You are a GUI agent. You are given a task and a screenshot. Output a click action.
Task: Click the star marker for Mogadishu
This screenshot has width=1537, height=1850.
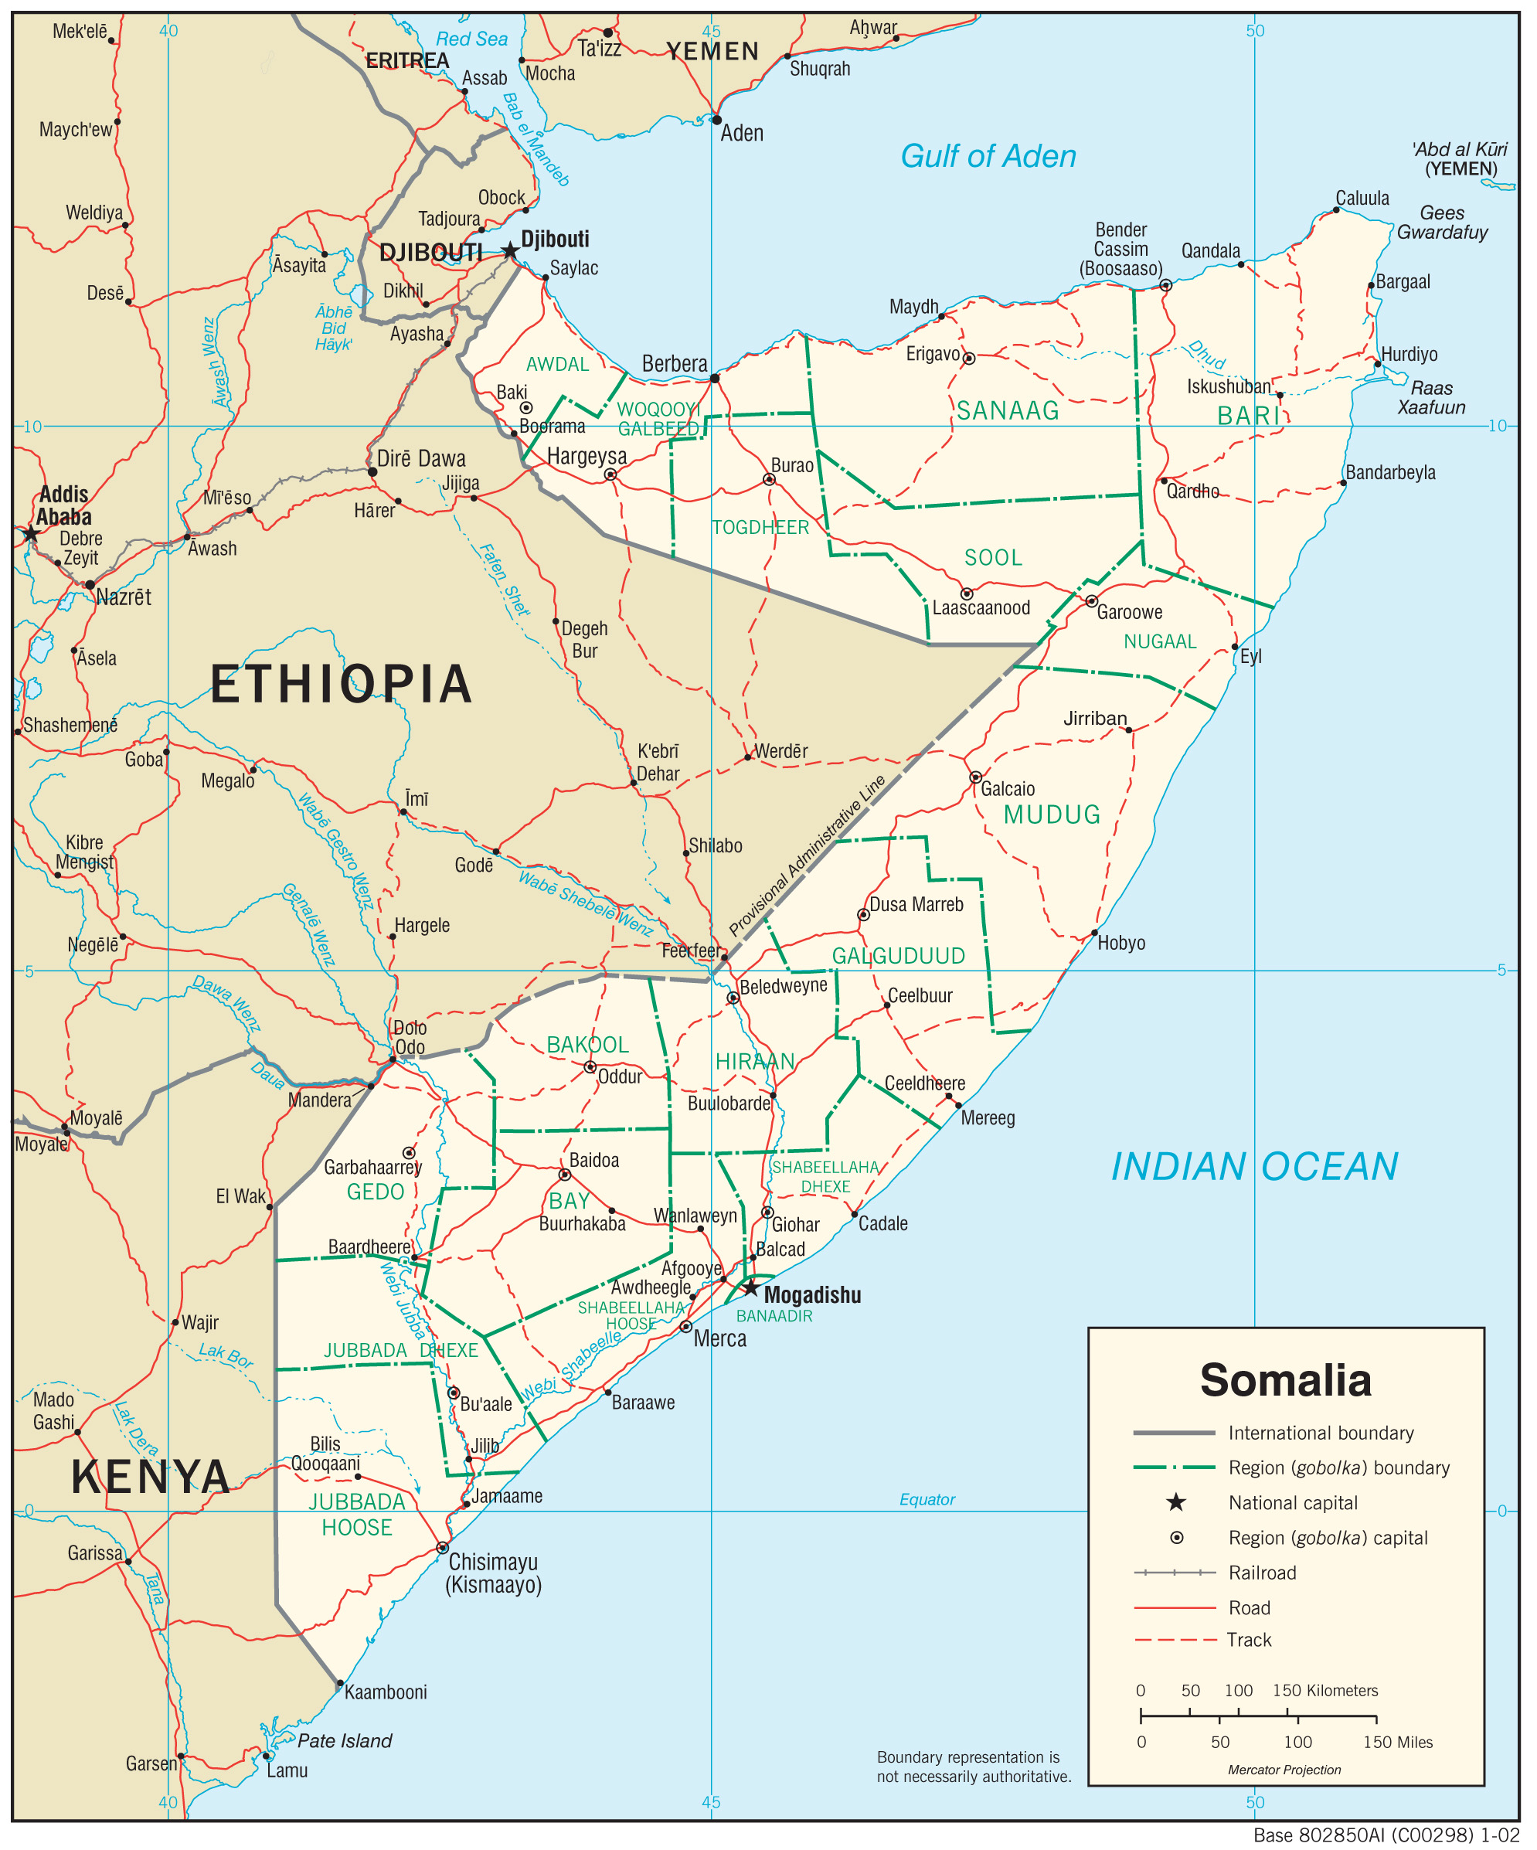click(x=750, y=1288)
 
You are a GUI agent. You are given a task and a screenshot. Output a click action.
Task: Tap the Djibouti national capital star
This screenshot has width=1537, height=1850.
click(x=510, y=251)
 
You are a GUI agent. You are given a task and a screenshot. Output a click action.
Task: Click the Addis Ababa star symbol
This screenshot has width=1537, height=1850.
click(x=31, y=534)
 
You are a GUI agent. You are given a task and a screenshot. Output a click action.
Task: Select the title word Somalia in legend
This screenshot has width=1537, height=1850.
click(x=1285, y=1380)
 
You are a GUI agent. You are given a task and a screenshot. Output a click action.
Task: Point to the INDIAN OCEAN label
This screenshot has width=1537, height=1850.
click(x=1254, y=1166)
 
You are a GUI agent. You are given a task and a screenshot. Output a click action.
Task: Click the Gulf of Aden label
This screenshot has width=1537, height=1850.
click(x=988, y=156)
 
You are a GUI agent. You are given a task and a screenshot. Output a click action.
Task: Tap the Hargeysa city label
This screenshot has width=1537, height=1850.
click(x=587, y=455)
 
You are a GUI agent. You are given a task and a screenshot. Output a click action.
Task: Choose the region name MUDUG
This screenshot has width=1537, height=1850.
click(x=1052, y=814)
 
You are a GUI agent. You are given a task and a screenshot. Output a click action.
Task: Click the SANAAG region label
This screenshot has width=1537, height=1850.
click(x=1008, y=410)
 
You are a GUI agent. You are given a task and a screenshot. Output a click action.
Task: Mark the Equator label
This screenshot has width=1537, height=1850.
click(x=927, y=1499)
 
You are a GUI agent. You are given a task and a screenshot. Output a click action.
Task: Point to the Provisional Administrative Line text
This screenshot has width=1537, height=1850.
click(x=807, y=855)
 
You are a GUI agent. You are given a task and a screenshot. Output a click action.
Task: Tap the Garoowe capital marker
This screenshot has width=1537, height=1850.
click(x=1091, y=600)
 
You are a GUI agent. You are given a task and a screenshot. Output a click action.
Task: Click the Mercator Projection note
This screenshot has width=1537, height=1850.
click(x=1284, y=1770)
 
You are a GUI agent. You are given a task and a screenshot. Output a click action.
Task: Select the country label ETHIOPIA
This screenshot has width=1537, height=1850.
click(x=341, y=685)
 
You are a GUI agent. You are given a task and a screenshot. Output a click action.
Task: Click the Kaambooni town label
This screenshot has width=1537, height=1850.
click(x=385, y=1692)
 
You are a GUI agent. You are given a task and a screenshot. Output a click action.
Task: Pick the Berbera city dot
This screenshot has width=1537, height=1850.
click(x=714, y=379)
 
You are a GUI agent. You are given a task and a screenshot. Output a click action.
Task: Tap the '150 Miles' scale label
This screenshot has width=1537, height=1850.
click(x=1397, y=1742)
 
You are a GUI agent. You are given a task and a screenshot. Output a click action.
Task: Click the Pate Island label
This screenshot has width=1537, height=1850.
click(x=345, y=1741)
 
